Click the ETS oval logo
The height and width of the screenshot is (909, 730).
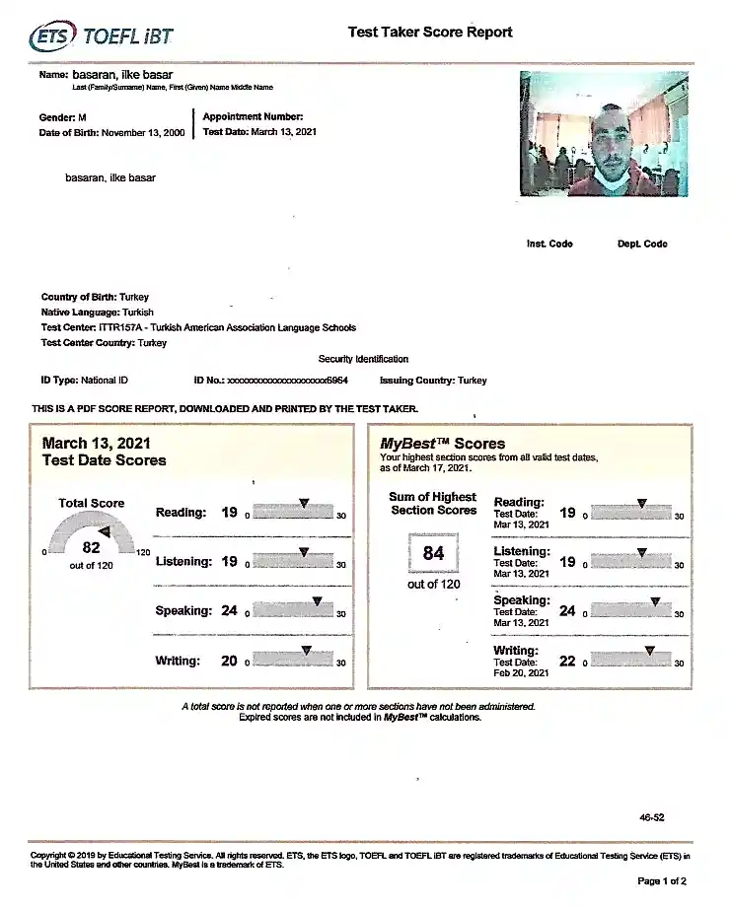pyautogui.click(x=52, y=37)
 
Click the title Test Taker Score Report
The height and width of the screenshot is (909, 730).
pyautogui.click(x=430, y=32)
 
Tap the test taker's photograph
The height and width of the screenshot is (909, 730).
pyautogui.click(x=605, y=133)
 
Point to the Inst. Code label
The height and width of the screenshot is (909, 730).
pyautogui.click(x=549, y=244)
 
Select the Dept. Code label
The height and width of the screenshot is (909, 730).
pyautogui.click(x=642, y=244)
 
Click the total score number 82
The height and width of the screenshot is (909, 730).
pyautogui.click(x=91, y=548)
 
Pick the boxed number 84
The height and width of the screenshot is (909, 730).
pyautogui.click(x=434, y=553)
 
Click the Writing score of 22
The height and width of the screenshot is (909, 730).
pyautogui.click(x=567, y=661)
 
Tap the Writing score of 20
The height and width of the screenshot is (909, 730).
pyautogui.click(x=229, y=661)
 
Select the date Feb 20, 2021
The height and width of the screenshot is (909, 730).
pyautogui.click(x=521, y=672)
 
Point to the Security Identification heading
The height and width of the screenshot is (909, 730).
pyautogui.click(x=363, y=359)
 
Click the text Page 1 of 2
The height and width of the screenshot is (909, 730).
pyautogui.click(x=662, y=880)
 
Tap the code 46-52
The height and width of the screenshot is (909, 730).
pyautogui.click(x=652, y=817)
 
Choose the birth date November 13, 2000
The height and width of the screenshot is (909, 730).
pyautogui.click(x=143, y=132)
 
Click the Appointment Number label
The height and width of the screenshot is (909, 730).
pyautogui.click(x=246, y=116)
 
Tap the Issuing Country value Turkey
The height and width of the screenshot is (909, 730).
pyautogui.click(x=472, y=381)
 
